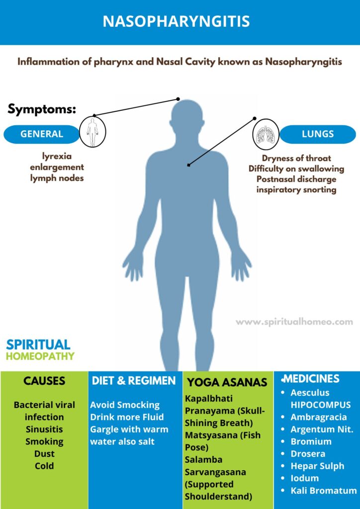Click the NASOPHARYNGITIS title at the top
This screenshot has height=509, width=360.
pyautogui.click(x=180, y=22)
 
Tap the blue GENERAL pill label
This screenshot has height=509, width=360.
pyautogui.click(x=42, y=134)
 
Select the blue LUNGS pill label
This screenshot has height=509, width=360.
pyautogui.click(x=318, y=134)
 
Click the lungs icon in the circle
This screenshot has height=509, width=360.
pyautogui.click(x=266, y=134)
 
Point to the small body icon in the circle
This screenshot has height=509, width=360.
pyautogui.click(x=92, y=131)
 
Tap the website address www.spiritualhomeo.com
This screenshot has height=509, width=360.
pyautogui.click(x=294, y=322)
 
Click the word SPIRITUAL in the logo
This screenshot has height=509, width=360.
pyautogui.click(x=38, y=344)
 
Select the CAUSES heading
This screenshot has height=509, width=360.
pyautogui.click(x=44, y=381)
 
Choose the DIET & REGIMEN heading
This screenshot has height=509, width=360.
pyautogui.click(x=134, y=381)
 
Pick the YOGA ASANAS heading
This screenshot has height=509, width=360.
pyautogui.click(x=227, y=382)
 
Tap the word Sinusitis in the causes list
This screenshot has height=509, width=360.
pyautogui.click(x=44, y=429)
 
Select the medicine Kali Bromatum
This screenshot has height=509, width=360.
pyautogui.click(x=323, y=490)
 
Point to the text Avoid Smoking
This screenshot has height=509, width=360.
pyautogui.click(x=125, y=405)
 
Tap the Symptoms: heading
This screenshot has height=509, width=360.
pyautogui.click(x=42, y=109)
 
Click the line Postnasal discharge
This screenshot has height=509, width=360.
pyautogui.click(x=296, y=179)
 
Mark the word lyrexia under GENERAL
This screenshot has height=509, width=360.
pyautogui.click(x=57, y=156)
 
